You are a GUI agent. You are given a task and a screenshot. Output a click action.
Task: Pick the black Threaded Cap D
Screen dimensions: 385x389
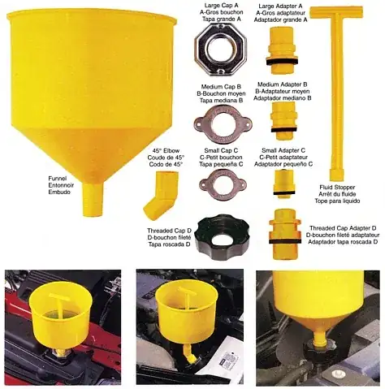pos(203,238)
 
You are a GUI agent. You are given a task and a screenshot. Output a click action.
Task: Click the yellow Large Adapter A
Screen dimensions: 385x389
pos(282,50)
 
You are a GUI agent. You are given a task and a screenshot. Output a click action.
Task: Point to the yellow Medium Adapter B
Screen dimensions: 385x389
pos(282,120)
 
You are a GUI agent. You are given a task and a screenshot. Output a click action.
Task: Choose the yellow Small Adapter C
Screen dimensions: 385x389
pos(284,184)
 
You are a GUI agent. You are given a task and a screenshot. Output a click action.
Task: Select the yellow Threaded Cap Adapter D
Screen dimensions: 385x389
pos(284,233)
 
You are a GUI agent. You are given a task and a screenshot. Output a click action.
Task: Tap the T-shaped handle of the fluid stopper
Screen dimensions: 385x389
pos(336,11)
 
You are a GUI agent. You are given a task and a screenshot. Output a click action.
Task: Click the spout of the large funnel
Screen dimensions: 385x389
pos(93,200)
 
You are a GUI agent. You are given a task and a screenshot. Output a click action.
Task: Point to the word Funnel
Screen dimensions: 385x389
pos(58,179)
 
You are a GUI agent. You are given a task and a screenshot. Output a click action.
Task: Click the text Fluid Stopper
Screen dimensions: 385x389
pos(337,188)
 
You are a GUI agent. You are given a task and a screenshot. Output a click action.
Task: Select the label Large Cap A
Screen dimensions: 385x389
pos(221,6)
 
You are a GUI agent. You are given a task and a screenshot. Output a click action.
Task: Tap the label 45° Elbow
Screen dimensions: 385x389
pos(166,150)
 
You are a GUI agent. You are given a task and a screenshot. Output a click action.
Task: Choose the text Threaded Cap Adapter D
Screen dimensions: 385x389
pos(343,228)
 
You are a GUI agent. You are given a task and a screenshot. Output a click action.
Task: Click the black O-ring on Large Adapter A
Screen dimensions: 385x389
pos(282,61)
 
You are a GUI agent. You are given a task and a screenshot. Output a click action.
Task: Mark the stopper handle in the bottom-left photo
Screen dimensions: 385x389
pos(62,298)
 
